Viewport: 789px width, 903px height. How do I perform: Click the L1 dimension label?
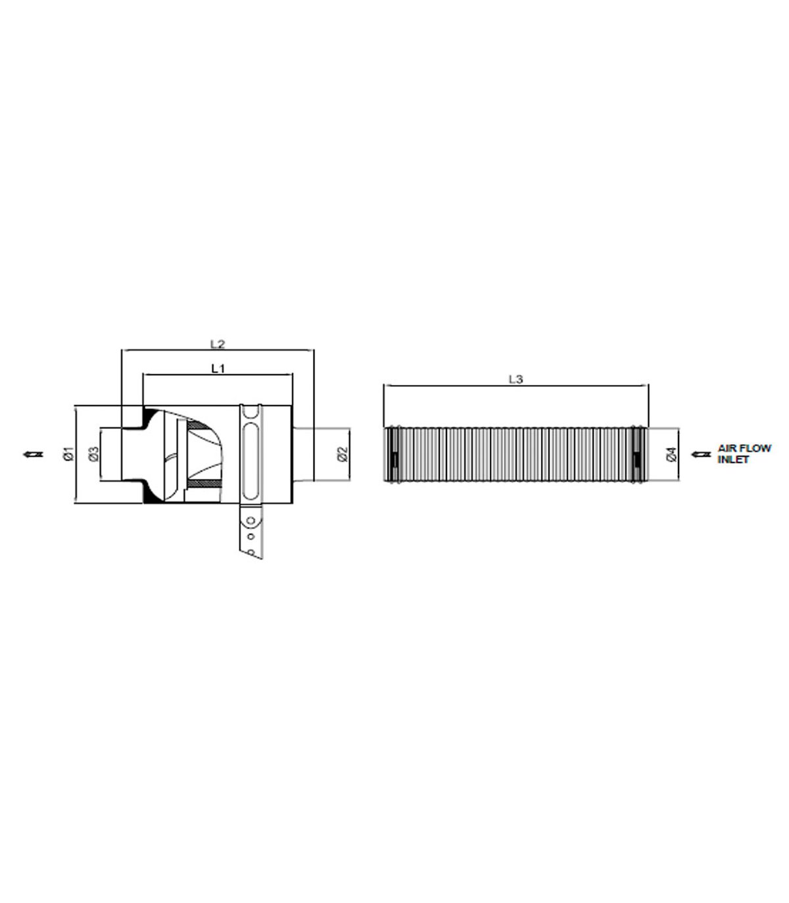(x=218, y=368)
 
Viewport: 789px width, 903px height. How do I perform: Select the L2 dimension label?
(x=218, y=344)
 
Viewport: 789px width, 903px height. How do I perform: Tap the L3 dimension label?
(x=515, y=379)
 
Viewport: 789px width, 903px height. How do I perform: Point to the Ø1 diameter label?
(x=68, y=454)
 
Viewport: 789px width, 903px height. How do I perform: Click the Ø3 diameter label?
(x=94, y=454)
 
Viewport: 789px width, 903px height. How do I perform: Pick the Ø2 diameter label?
(x=343, y=454)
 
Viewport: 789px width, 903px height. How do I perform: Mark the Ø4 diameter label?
(x=672, y=454)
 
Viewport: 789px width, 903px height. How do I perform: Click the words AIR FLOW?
(x=744, y=448)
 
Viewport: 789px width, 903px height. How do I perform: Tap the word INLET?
(x=733, y=459)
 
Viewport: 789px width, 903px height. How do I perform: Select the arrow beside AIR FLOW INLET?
(x=701, y=454)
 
